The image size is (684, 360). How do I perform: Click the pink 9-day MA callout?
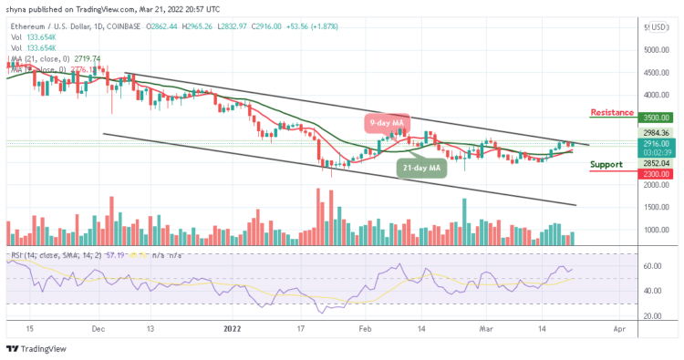(x=387, y=122)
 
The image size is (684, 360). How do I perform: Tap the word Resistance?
(x=612, y=112)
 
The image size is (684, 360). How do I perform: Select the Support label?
(x=606, y=165)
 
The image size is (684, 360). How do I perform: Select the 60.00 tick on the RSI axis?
(x=652, y=266)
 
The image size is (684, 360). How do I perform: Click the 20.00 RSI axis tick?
(x=652, y=315)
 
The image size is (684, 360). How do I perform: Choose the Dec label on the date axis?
(x=98, y=327)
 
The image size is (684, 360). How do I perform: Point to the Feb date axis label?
(x=365, y=327)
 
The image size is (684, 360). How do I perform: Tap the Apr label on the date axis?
(x=619, y=327)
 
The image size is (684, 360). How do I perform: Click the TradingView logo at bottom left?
(x=36, y=348)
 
